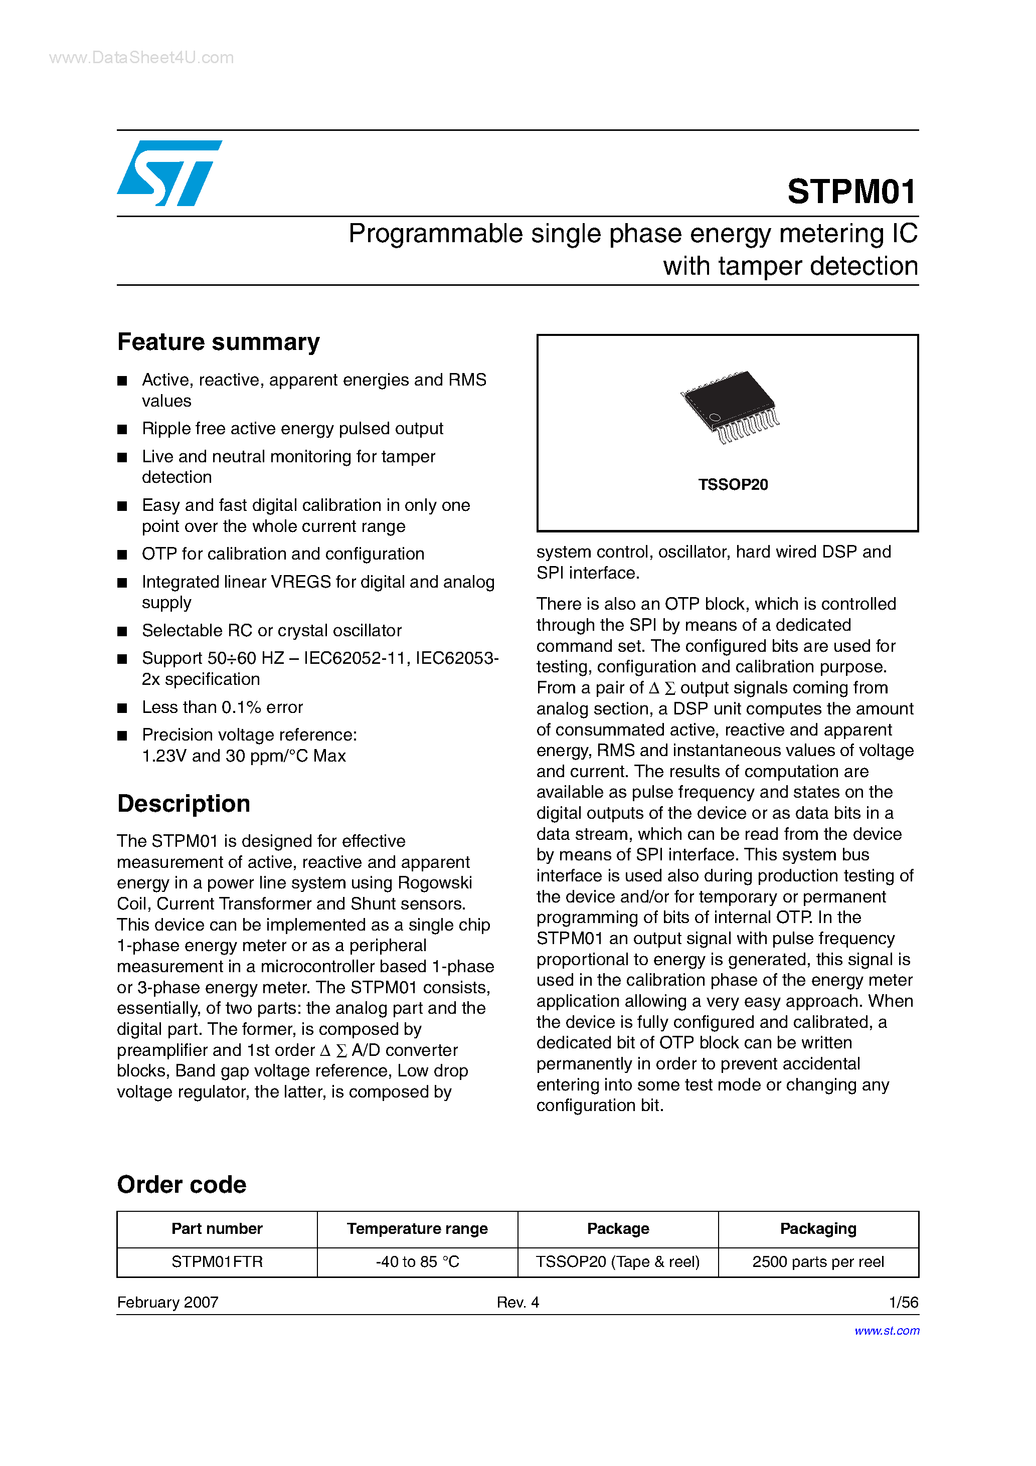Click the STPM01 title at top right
[x=851, y=192]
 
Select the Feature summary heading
[x=219, y=342]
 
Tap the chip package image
[x=730, y=406]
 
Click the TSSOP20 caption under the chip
[x=733, y=485]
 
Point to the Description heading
[x=184, y=804]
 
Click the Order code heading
[x=182, y=1184]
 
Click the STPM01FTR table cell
[x=217, y=1261]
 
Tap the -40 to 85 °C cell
[x=417, y=1261]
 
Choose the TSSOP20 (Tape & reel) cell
[x=618, y=1261]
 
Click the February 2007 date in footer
[x=167, y=1302]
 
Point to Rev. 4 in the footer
[x=517, y=1302]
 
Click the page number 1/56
[x=903, y=1302]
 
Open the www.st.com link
[x=887, y=1331]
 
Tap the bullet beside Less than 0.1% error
[x=122, y=707]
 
